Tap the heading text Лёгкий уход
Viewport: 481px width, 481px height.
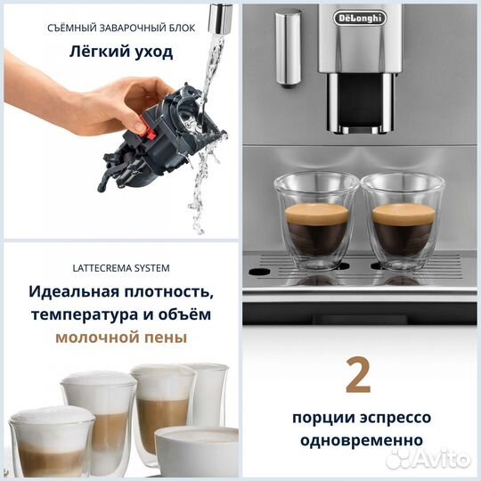pos(121,52)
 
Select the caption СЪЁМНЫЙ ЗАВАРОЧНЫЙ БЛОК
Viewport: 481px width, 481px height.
pos(121,27)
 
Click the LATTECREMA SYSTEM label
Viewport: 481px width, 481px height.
pos(120,267)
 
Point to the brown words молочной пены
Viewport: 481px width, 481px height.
pos(121,338)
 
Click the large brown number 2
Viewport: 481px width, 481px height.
pos(357,377)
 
